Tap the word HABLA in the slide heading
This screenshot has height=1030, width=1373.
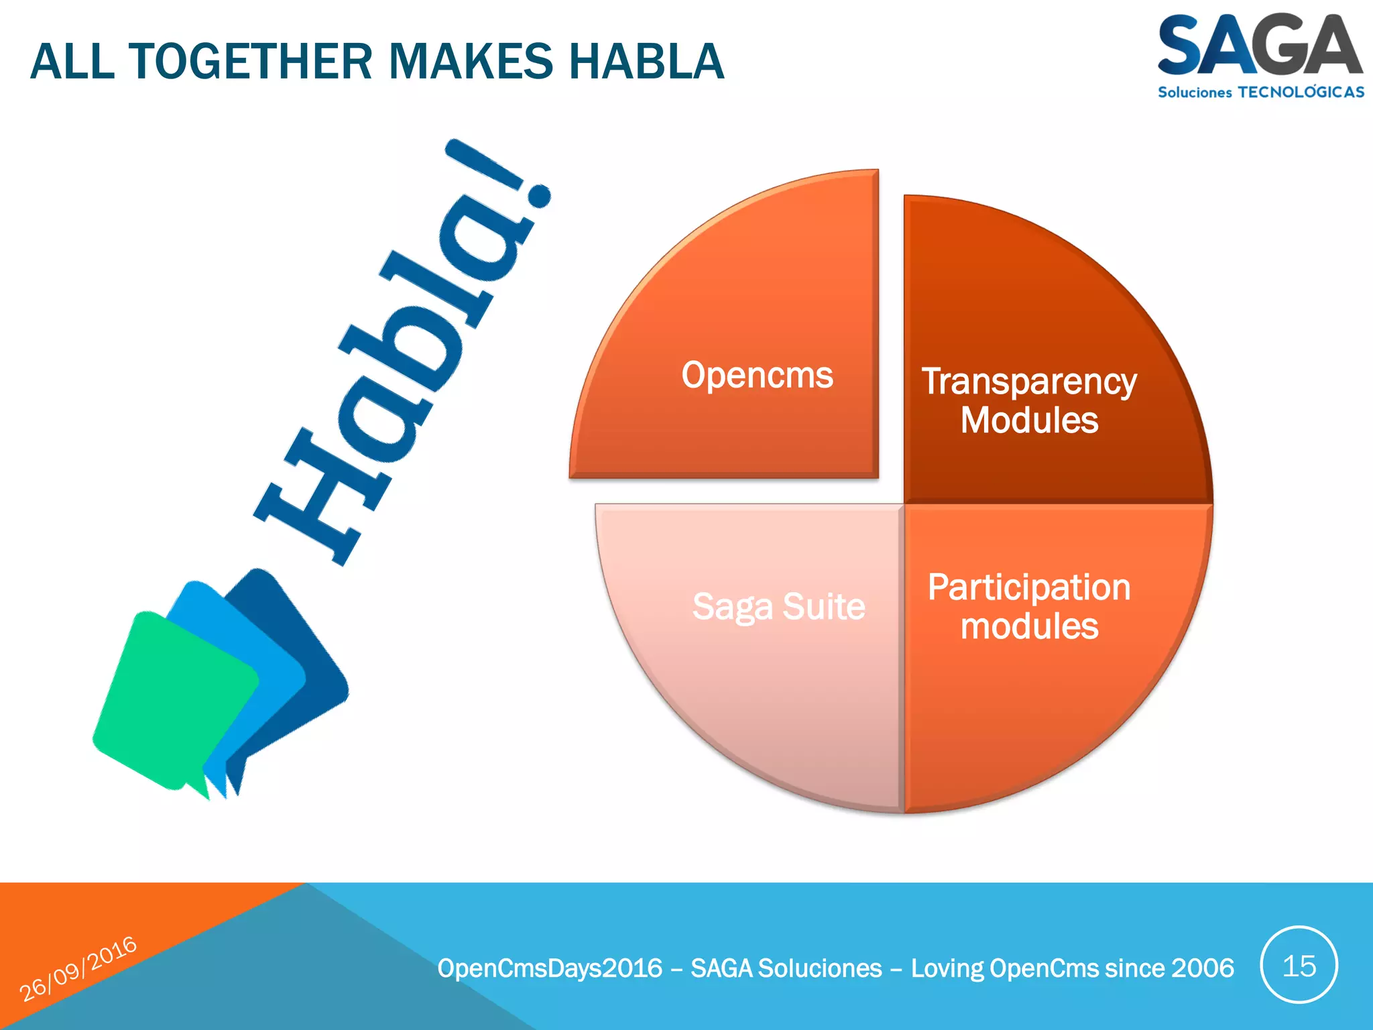[646, 62]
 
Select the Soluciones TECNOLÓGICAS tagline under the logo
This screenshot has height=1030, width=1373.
[1260, 93]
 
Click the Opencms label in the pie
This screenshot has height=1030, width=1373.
[757, 375]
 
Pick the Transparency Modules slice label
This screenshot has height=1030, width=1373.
[1029, 400]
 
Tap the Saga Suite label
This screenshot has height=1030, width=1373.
[778, 607]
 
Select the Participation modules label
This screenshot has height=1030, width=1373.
[1029, 607]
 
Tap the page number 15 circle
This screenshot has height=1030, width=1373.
[1299, 966]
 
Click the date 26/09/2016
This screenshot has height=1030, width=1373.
[78, 969]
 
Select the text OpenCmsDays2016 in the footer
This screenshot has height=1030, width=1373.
[550, 968]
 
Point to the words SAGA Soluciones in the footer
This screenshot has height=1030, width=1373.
[786, 968]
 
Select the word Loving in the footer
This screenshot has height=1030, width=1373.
[946, 968]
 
